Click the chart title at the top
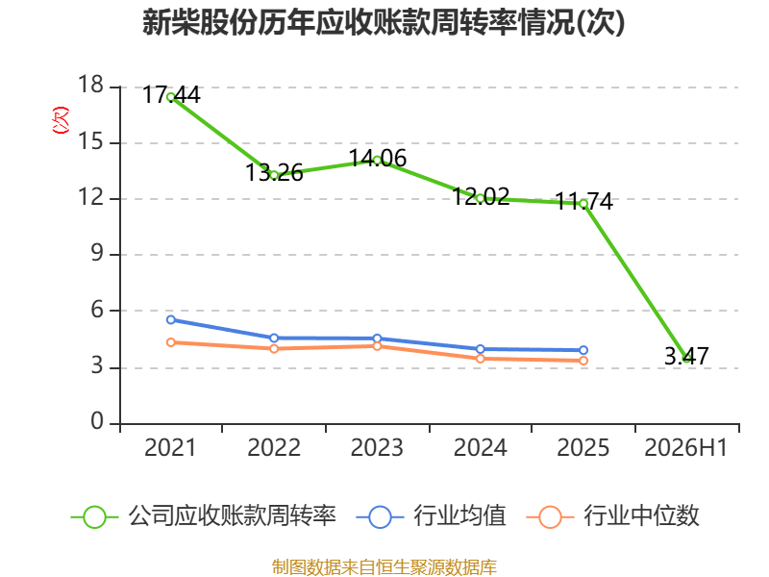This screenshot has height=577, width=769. point(384,22)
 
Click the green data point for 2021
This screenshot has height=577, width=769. point(171,97)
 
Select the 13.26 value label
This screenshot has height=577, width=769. point(274,173)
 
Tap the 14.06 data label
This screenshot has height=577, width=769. point(378,159)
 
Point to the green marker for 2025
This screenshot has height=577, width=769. point(583,204)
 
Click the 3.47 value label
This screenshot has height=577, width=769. point(686,356)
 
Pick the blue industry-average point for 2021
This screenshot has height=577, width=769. point(171,320)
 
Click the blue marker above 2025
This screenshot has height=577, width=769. point(583,350)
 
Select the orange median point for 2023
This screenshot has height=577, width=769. point(377,346)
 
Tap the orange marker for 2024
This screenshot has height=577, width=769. point(481,359)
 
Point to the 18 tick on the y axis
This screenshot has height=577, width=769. point(90,85)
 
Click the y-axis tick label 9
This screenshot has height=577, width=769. point(97,254)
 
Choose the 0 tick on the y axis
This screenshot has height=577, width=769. point(97,421)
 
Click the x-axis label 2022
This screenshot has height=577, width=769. point(274,448)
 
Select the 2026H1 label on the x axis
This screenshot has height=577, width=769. point(685,448)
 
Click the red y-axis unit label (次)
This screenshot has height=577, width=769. point(61,120)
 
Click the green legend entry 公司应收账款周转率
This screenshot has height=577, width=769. point(204,516)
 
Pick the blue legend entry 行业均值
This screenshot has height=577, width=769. point(431,516)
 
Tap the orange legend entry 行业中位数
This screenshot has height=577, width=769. point(612,516)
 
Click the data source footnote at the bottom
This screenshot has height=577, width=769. point(384,567)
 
